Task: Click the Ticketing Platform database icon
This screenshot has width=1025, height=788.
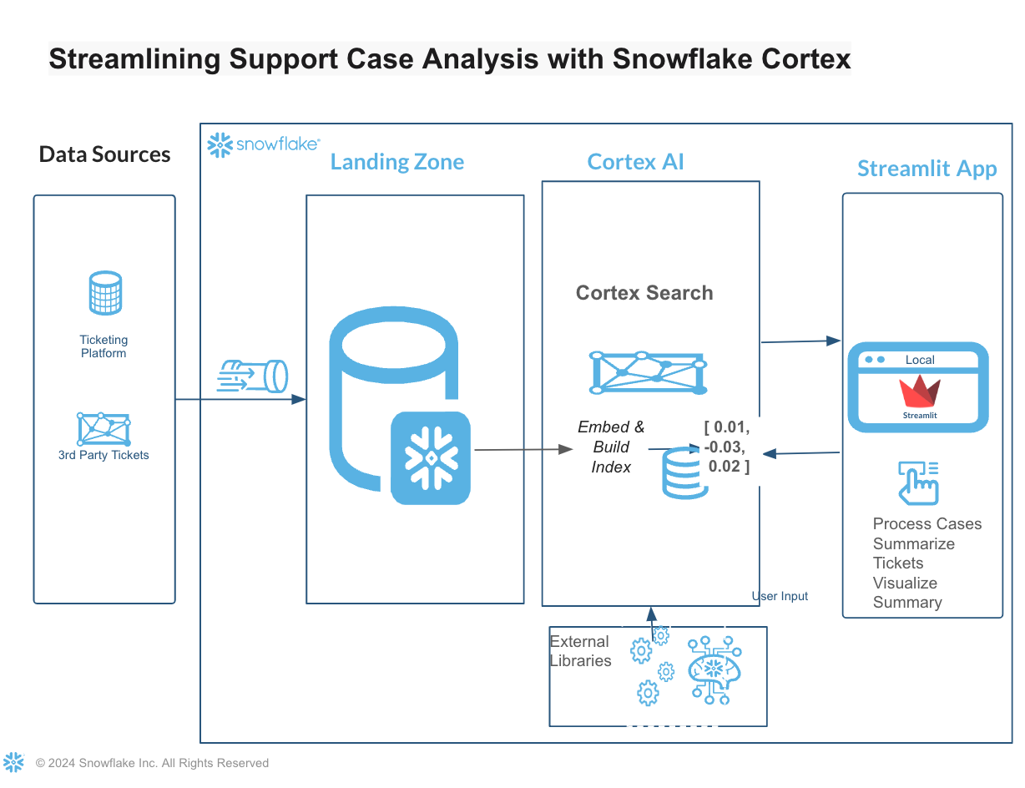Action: point(104,294)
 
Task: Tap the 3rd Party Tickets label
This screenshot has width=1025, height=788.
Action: point(104,455)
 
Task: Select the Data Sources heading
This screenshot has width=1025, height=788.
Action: point(104,154)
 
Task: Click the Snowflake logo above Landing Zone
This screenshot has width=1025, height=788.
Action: point(263,144)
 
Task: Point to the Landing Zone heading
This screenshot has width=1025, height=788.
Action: point(396,162)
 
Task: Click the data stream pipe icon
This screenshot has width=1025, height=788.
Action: point(252,376)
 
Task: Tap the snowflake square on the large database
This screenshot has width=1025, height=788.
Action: point(431,457)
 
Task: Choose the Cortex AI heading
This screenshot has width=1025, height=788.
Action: point(635,162)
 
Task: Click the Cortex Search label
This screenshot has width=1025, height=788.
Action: point(644,293)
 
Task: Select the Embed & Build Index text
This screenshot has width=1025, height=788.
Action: point(611,447)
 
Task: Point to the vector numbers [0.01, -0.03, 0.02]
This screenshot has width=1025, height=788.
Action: point(727,447)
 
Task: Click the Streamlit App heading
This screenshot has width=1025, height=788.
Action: point(927,169)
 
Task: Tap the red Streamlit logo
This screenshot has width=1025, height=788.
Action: point(920,393)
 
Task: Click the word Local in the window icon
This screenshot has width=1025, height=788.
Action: point(920,360)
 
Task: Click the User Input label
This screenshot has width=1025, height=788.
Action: point(780,596)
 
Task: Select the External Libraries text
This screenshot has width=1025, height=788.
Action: point(580,651)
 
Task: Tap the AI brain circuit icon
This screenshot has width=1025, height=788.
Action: point(714,669)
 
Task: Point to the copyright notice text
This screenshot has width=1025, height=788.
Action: point(152,763)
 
